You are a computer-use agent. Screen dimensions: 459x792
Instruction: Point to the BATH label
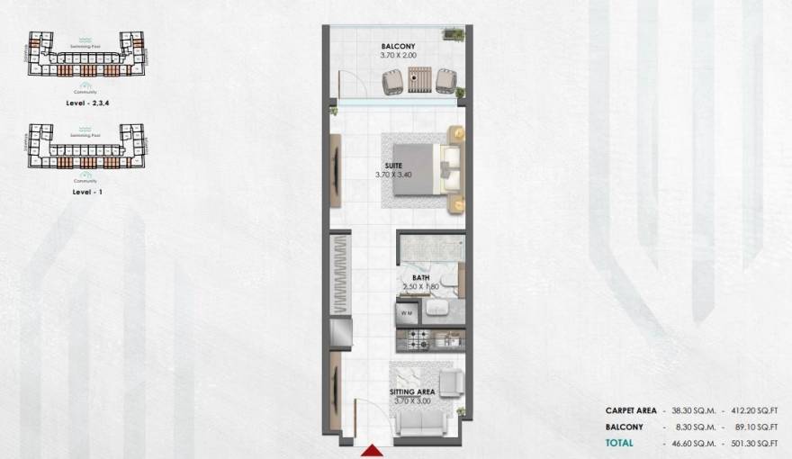[x=420, y=277]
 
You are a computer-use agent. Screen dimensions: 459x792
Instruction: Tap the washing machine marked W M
[x=407, y=313]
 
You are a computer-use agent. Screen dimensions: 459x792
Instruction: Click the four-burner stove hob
[x=418, y=339]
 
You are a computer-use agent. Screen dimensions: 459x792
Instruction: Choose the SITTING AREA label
[x=412, y=392]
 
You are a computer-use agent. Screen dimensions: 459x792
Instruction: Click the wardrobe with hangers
[x=339, y=274]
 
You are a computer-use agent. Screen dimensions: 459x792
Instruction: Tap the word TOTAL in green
[x=618, y=443]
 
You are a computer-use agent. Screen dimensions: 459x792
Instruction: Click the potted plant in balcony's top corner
[x=455, y=34]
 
